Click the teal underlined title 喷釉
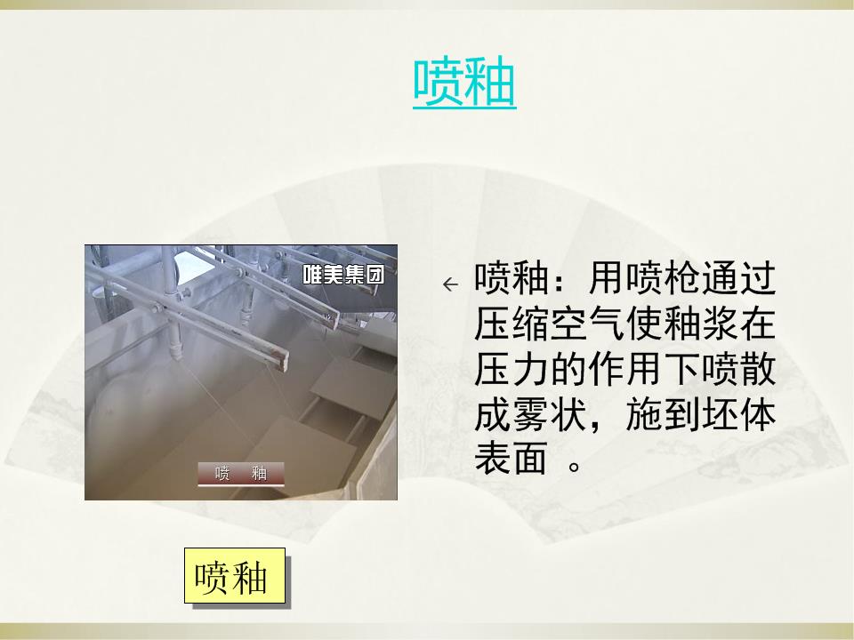(x=464, y=83)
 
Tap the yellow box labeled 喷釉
(x=235, y=576)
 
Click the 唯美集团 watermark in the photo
(x=343, y=275)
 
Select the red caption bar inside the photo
(x=241, y=474)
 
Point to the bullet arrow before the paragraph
(x=450, y=284)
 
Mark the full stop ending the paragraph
(x=574, y=467)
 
